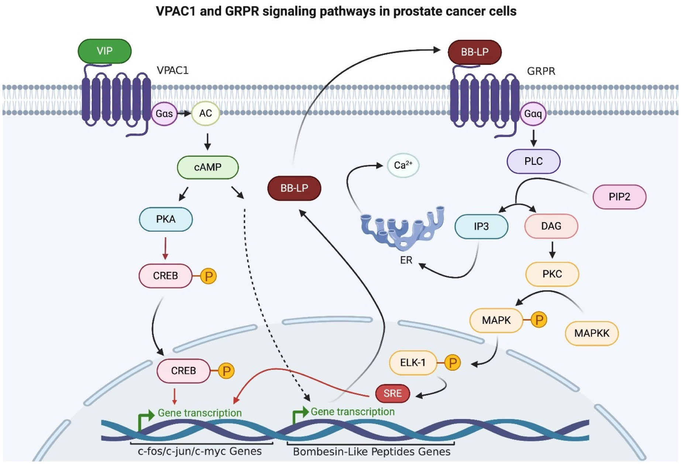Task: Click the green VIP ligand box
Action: pyautogui.click(x=104, y=51)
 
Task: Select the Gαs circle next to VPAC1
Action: pyautogui.click(x=164, y=114)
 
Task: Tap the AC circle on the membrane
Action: pyautogui.click(x=206, y=113)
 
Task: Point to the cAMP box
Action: pyautogui.click(x=208, y=167)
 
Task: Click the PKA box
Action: pyautogui.click(x=166, y=219)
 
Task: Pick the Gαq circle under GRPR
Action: pyautogui.click(x=533, y=114)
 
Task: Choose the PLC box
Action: pyautogui.click(x=533, y=162)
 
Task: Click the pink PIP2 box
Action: pyautogui.click(x=619, y=197)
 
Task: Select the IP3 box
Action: pyautogui.click(x=481, y=226)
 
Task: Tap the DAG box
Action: pyautogui.click(x=551, y=226)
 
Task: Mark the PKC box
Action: pyautogui.click(x=552, y=274)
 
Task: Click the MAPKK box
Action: pyautogui.click(x=591, y=333)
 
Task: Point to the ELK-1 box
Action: pyautogui.click(x=413, y=363)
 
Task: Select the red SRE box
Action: pyautogui.click(x=392, y=394)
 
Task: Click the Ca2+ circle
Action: pyautogui.click(x=403, y=165)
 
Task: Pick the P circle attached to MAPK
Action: pyautogui.click(x=539, y=320)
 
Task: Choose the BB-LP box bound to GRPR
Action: pyautogui.click(x=474, y=52)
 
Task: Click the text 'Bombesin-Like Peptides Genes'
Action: pyautogui.click(x=371, y=452)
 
